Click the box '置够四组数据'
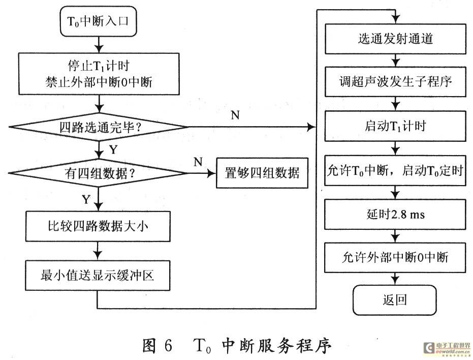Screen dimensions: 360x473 coord(262,173)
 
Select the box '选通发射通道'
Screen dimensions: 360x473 coord(395,39)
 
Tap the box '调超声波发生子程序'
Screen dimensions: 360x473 coord(395,82)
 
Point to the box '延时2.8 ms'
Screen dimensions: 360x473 coord(395,215)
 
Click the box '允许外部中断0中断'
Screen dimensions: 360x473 coord(395,258)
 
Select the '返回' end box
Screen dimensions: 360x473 coord(395,299)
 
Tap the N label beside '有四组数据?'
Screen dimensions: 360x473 coord(198,162)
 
